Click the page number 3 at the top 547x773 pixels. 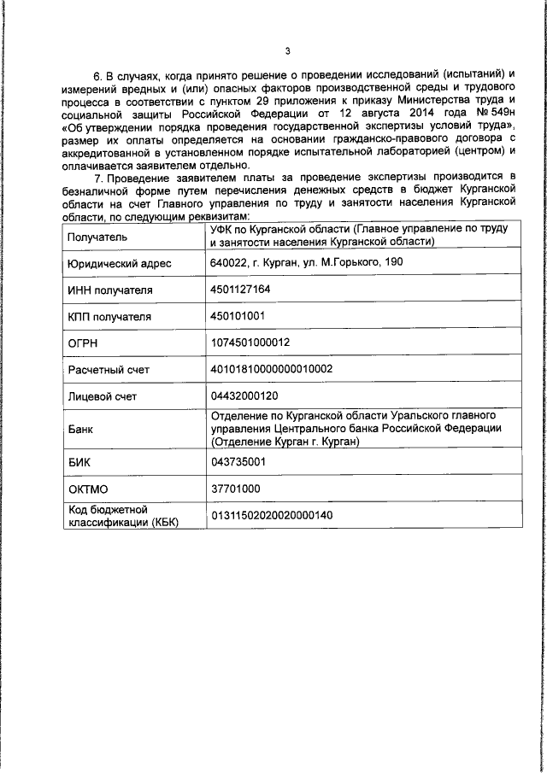coord(287,51)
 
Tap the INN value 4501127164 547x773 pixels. coord(240,290)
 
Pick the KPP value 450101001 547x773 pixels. coord(237,316)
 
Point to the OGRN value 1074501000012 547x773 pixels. coord(250,342)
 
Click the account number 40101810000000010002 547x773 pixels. coord(271,368)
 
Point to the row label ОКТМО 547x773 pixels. coord(87,489)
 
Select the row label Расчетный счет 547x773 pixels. coord(109,369)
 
